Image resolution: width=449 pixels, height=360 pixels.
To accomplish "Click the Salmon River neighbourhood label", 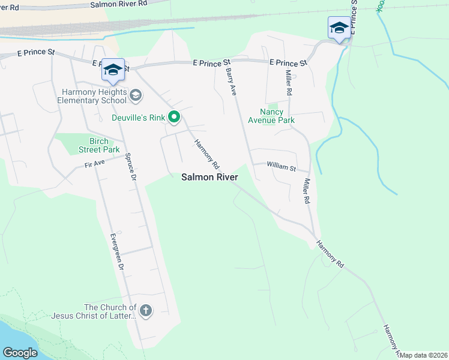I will coord(210,177).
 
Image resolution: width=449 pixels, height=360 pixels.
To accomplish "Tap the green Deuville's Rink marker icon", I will coord(174,117).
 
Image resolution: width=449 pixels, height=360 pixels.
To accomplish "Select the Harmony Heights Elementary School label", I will coord(93,97).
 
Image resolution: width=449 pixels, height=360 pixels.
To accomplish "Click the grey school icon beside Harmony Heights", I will coord(136,94).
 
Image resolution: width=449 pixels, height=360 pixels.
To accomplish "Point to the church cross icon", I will coord(145,311).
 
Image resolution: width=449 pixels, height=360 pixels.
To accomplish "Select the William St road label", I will coord(282,166).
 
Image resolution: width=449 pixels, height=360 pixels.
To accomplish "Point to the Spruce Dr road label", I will coord(131,169).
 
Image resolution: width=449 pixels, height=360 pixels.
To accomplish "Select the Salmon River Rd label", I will coord(118,4).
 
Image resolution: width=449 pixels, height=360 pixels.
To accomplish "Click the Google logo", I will coord(20,352).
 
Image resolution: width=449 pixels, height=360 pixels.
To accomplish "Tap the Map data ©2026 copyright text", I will coord(423,355).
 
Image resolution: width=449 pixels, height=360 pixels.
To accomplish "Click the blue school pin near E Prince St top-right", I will coord(339,28).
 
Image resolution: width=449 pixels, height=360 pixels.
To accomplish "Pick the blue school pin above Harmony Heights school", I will coord(113,70).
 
